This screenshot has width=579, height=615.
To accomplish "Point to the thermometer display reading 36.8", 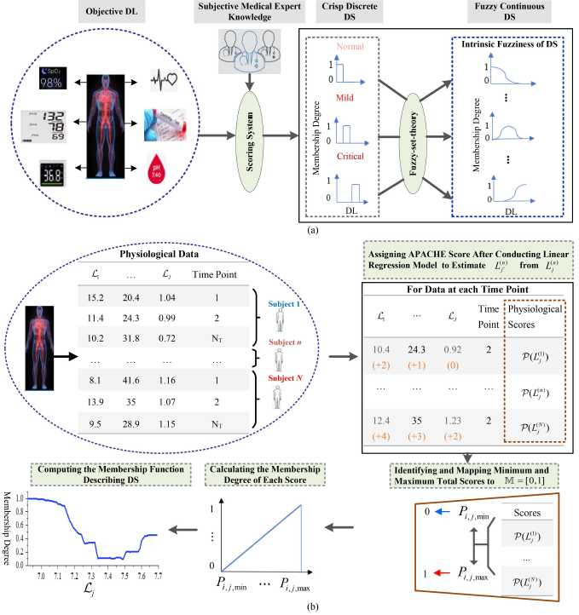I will [x=42, y=175].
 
